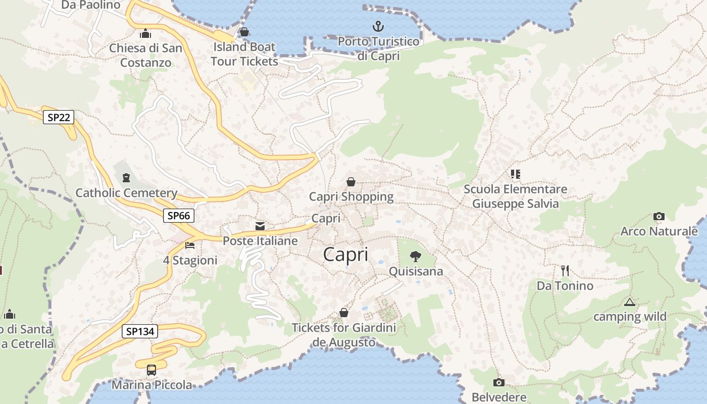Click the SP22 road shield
[59, 118]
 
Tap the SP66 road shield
[179, 216]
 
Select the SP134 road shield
[140, 332]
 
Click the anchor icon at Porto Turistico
[378, 26]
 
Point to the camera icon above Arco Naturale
[659, 217]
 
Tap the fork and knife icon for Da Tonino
[565, 271]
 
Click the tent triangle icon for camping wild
[629, 302]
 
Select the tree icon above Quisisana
[415, 257]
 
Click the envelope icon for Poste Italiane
[260, 226]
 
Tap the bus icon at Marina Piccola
[151, 370]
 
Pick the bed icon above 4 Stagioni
[190, 245]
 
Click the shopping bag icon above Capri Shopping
[351, 182]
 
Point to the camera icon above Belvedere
[499, 382]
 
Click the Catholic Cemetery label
[126, 193]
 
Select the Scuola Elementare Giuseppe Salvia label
[515, 196]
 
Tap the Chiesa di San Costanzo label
[145, 56]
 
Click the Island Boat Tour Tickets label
[244, 54]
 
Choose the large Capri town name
[346, 255]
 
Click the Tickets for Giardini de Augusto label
[344, 335]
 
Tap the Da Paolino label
[91, 5]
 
